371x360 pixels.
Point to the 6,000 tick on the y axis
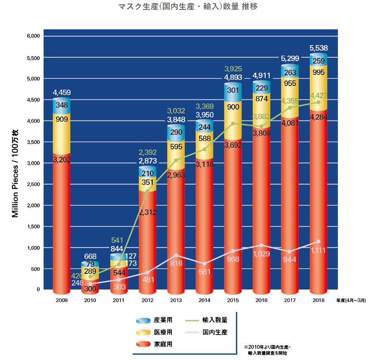tap(34, 36)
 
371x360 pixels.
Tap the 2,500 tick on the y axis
tap(34, 184)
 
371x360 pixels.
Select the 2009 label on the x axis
tap(62, 301)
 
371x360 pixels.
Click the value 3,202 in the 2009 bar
tap(62, 160)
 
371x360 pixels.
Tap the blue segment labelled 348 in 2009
tap(62, 105)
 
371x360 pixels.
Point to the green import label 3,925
tap(232, 69)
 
